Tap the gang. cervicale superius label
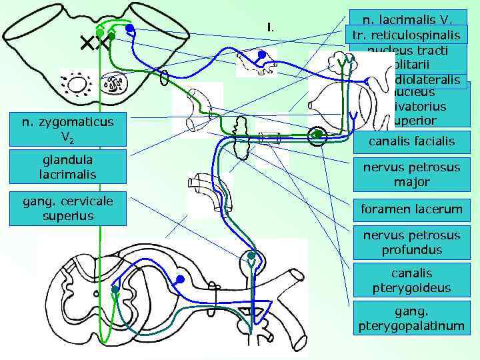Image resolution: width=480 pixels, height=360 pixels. tap(67, 209)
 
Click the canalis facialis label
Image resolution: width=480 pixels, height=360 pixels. tap(411, 141)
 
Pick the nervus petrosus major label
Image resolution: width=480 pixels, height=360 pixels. tap(411, 174)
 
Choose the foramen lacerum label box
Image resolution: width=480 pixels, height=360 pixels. tap(411, 209)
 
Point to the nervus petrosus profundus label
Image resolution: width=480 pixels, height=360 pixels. tap(411, 243)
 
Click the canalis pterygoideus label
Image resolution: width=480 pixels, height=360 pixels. tap(411, 280)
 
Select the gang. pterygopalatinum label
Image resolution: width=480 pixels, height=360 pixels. tap(411, 318)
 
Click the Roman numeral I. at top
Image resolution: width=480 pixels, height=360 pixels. tap(269, 27)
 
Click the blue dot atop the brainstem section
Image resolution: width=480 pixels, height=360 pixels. tap(131, 29)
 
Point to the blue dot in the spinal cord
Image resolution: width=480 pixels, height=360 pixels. tap(179, 279)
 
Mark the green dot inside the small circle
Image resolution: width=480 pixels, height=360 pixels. tap(319, 135)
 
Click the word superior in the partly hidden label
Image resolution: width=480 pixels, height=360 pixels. tap(415, 121)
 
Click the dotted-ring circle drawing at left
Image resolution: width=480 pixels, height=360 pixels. tap(77, 85)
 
